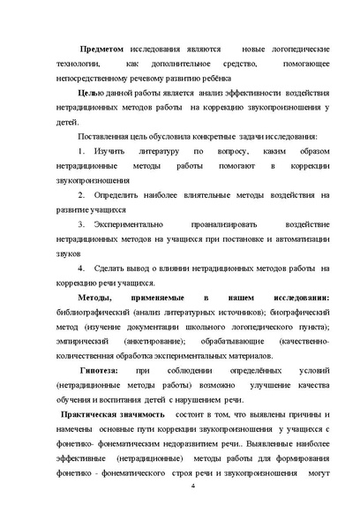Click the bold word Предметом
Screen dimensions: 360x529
click(x=100, y=46)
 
